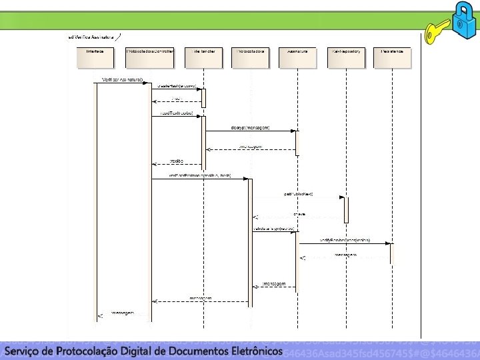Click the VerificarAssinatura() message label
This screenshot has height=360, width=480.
tap(122, 79)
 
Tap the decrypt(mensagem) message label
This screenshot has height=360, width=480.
tap(251, 127)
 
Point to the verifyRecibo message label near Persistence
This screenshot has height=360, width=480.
tap(345, 239)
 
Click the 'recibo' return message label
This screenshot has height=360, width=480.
tap(177, 161)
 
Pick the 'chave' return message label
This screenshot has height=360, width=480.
tap(300, 213)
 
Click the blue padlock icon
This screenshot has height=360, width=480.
tap(461, 19)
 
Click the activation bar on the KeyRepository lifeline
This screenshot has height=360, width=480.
tap(346, 209)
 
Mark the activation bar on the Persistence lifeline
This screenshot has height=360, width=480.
tap(392, 253)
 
